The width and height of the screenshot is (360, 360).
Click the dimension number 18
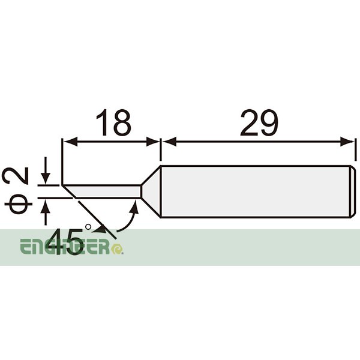[112, 123]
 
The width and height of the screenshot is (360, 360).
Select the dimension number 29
[259, 123]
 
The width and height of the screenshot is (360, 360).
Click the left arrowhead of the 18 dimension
[68, 142]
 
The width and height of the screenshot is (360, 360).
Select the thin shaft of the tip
[108, 191]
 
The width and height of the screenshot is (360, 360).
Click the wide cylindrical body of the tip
[252, 191]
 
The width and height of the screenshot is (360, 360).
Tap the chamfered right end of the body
[353, 191]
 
